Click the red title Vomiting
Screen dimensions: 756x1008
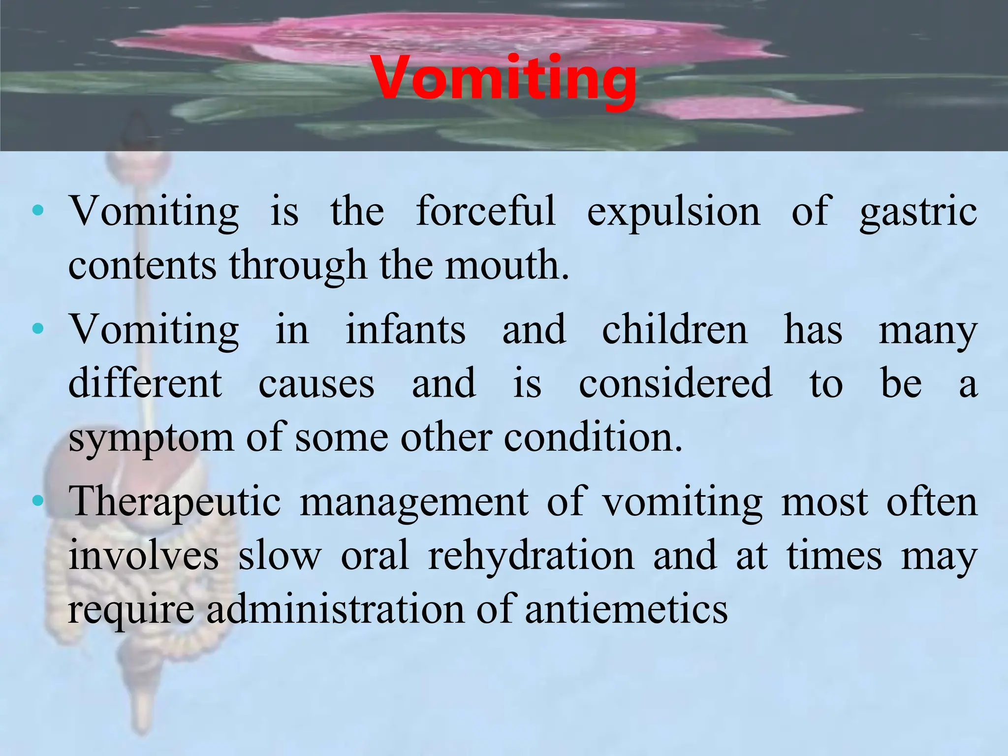pos(504,79)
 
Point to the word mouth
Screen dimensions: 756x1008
pos(507,265)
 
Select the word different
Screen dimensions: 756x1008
pos(145,383)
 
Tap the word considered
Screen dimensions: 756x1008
pos(675,383)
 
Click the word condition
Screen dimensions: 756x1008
pos(593,437)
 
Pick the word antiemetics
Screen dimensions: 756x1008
pos(626,609)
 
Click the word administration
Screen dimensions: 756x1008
pos(335,609)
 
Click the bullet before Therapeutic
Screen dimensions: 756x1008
pos(37,502)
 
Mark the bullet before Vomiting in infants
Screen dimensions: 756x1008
pos(37,328)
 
